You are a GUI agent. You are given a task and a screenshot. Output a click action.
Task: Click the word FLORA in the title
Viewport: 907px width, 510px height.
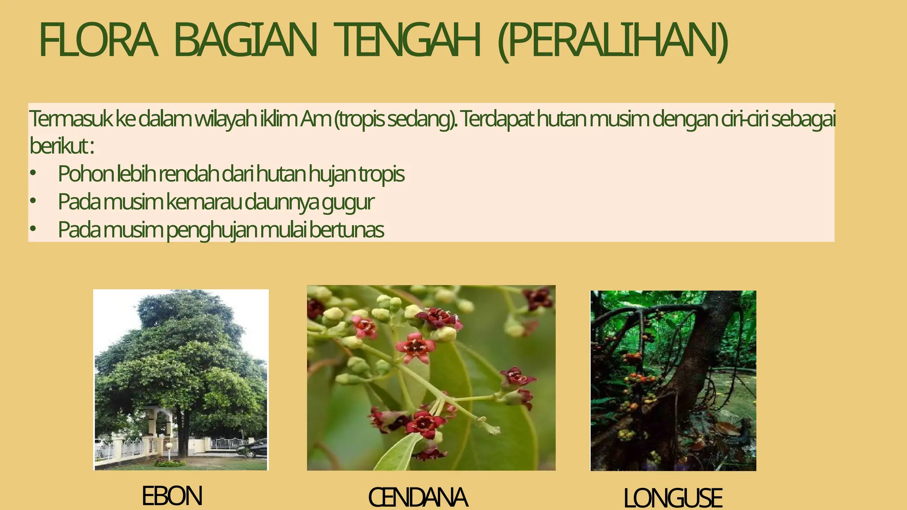pyautogui.click(x=98, y=41)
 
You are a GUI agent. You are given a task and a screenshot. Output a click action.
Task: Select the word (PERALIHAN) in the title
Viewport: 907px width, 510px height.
pyautogui.click(x=612, y=42)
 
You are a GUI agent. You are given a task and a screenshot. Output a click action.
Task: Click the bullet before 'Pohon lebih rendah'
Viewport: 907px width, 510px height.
pyautogui.click(x=32, y=174)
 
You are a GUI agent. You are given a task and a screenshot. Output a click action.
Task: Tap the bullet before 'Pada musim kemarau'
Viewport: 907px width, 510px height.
pyautogui.click(x=32, y=201)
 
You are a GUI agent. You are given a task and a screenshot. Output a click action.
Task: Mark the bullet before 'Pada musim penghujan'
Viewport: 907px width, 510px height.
pyautogui.click(x=32, y=229)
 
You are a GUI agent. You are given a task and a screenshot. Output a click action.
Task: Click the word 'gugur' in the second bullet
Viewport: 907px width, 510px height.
pyautogui.click(x=348, y=202)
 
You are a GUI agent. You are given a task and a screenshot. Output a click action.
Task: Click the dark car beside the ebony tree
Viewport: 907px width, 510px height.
pyautogui.click(x=253, y=448)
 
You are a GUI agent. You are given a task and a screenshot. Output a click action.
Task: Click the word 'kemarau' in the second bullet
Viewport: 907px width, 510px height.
pyautogui.click(x=204, y=202)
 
